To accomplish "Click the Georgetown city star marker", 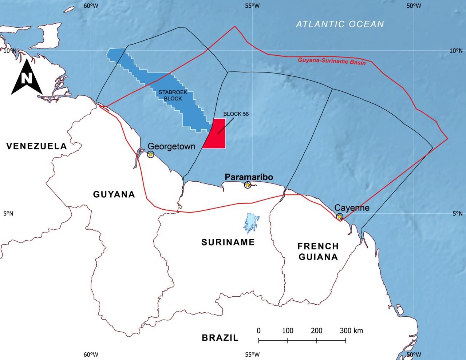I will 151,154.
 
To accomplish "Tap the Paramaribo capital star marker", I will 248,185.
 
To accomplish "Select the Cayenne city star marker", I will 339,217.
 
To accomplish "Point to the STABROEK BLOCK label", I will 173,95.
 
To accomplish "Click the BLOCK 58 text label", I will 236,114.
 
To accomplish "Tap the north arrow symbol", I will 27,78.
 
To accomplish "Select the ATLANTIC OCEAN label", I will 340,24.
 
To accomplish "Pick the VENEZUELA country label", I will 37,146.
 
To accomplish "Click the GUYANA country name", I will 114,194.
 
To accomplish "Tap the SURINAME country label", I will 228,242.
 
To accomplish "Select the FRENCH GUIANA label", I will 318,252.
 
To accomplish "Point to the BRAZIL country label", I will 220,338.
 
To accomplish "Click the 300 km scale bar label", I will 351,331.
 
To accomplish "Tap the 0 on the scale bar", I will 258,331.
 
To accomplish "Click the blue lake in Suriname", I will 250,223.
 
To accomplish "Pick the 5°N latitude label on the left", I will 8,214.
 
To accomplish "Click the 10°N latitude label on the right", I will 455,51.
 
